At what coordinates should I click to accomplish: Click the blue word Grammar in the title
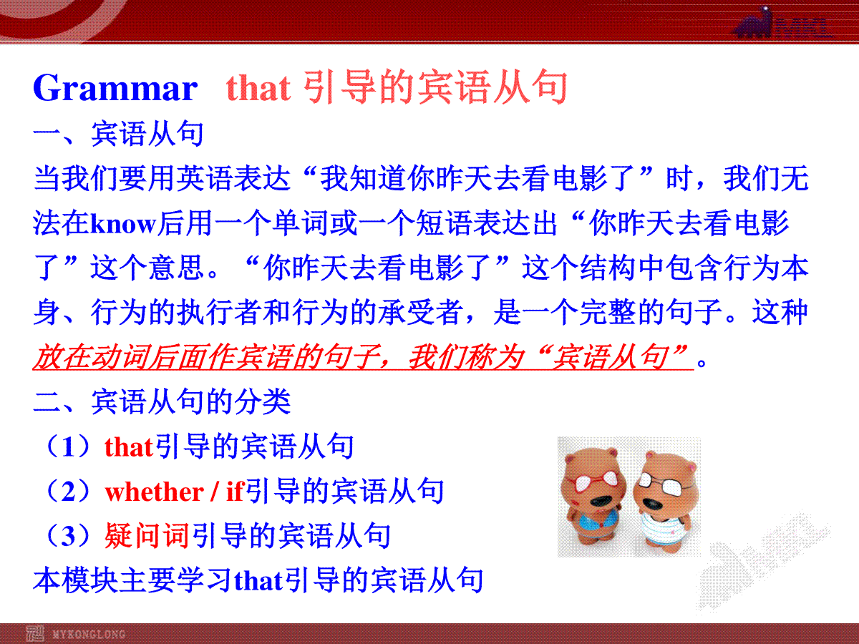(115, 88)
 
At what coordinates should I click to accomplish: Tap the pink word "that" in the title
(258, 87)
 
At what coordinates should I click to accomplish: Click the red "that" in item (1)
(129, 447)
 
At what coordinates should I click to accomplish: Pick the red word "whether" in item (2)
(154, 492)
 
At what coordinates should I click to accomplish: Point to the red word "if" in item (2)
(236, 491)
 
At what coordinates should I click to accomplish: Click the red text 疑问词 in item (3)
(147, 536)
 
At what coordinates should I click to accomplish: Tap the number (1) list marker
(69, 447)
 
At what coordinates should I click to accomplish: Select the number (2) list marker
(69, 492)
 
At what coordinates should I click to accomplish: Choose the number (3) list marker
(69, 536)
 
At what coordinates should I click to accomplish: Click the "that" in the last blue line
(258, 580)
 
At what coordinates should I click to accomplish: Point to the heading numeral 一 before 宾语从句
(47, 134)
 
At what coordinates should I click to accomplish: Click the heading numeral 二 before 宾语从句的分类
(47, 401)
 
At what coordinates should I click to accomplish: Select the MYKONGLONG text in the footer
(89, 634)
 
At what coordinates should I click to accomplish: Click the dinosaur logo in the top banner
(753, 23)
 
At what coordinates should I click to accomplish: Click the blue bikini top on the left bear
(598, 522)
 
